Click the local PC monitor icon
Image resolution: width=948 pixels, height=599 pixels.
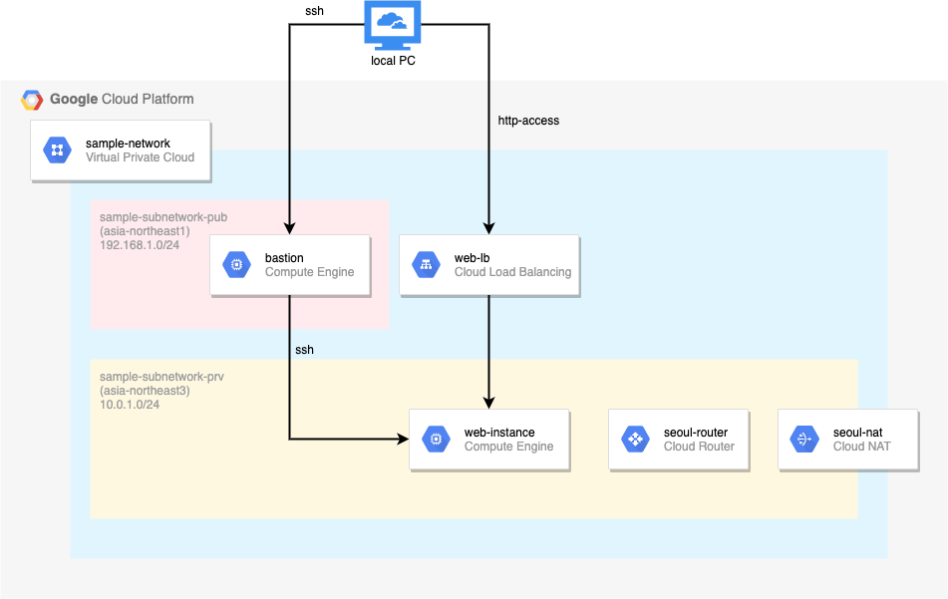(393, 26)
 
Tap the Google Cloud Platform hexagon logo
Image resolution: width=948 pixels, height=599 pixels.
(32, 100)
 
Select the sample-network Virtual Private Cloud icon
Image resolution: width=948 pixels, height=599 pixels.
(58, 150)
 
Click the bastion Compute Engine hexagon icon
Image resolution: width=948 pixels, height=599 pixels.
(236, 265)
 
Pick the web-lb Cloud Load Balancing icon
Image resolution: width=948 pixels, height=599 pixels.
(427, 265)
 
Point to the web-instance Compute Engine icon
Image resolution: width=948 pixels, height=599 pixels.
(436, 440)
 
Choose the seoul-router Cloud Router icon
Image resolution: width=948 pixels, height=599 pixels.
(635, 440)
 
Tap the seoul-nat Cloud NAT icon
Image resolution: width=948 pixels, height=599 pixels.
(804, 440)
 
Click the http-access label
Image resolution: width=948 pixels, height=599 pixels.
(528, 121)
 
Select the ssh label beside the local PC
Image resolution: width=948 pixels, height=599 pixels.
(314, 11)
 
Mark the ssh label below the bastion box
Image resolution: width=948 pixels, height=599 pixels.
(304, 350)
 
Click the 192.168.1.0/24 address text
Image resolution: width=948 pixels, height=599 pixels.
(140, 245)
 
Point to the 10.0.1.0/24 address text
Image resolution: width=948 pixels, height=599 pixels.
(130, 405)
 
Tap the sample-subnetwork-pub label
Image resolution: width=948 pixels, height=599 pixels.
(163, 217)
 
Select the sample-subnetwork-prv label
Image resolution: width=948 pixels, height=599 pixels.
(161, 377)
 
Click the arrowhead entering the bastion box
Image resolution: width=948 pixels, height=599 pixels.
(290, 228)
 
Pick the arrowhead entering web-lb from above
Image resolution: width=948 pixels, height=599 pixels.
(489, 228)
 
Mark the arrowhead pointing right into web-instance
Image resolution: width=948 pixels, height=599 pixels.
(403, 439)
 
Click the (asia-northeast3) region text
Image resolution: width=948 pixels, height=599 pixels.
(145, 391)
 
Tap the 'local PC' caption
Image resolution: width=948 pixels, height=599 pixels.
(393, 61)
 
